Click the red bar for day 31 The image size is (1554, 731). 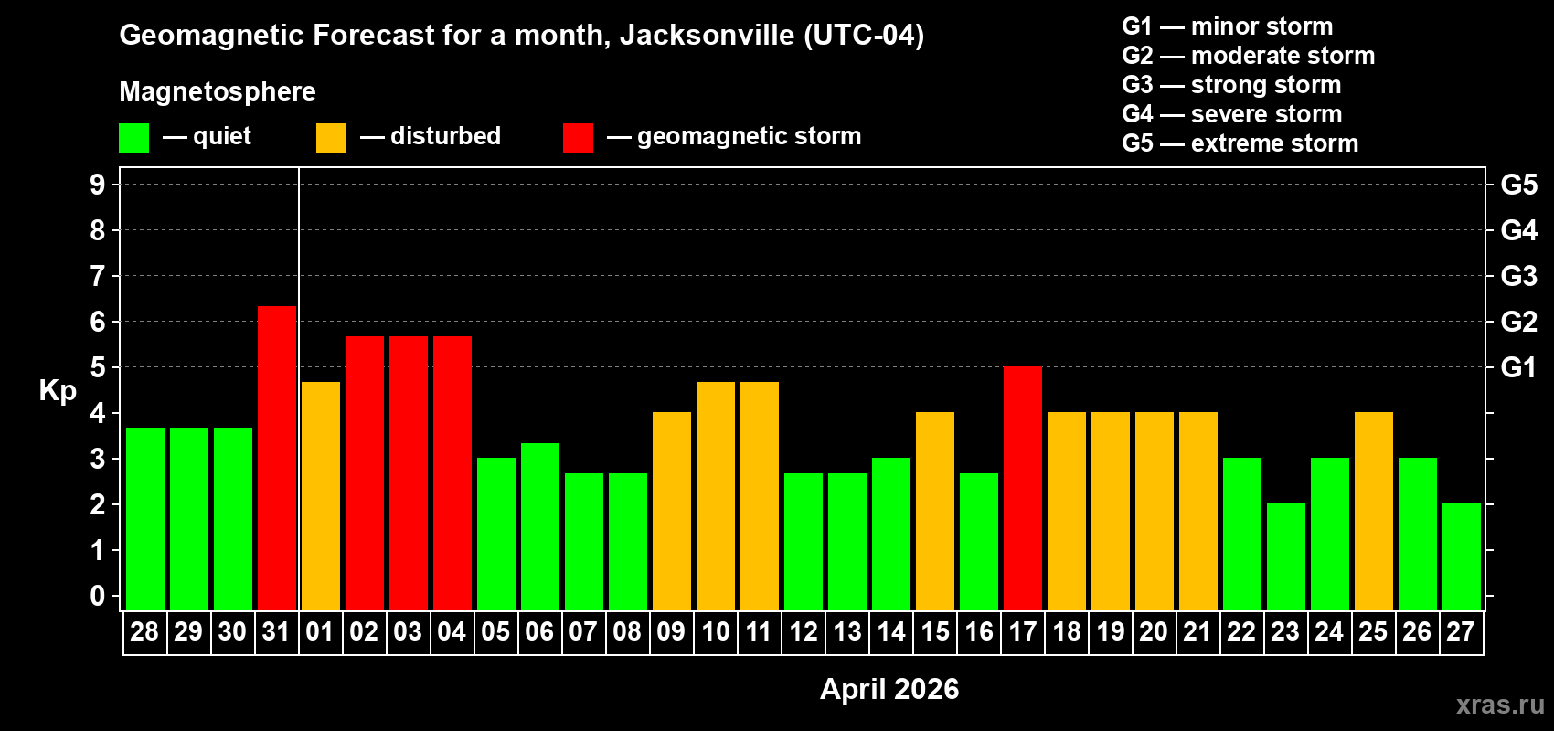277,458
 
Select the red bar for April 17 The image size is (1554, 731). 1023,488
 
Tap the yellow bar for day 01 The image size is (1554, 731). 321,495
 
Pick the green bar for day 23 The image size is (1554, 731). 1286,556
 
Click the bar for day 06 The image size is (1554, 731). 540,526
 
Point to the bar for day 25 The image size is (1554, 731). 1374,511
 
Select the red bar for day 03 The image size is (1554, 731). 409,472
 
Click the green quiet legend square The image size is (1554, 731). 134,138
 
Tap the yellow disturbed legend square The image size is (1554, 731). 332,138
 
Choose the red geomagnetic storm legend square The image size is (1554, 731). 578,138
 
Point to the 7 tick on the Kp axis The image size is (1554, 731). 98,276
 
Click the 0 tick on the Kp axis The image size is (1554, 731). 98,596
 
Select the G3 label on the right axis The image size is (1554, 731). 1518,276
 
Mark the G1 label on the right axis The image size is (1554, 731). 1518,367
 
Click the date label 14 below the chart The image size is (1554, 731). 891,632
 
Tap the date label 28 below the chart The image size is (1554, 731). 144,632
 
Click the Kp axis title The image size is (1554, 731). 58,391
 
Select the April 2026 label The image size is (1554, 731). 889,689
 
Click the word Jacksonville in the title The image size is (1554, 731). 707,36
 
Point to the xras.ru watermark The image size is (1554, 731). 1500,705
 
